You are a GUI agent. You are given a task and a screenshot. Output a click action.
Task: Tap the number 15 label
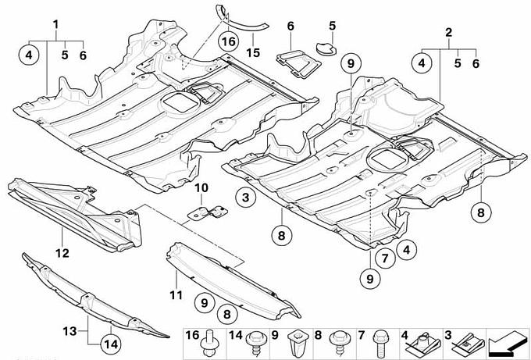point(252,52)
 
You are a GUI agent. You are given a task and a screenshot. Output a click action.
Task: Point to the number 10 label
point(201,187)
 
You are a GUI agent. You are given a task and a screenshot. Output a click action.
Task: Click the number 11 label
point(176,294)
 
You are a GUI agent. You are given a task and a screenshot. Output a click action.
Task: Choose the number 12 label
point(62,252)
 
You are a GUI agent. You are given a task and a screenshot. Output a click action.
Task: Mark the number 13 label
point(68,331)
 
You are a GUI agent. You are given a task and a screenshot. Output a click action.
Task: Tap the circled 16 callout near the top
point(228,39)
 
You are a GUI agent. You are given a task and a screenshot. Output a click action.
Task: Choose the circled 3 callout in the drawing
point(245,198)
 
